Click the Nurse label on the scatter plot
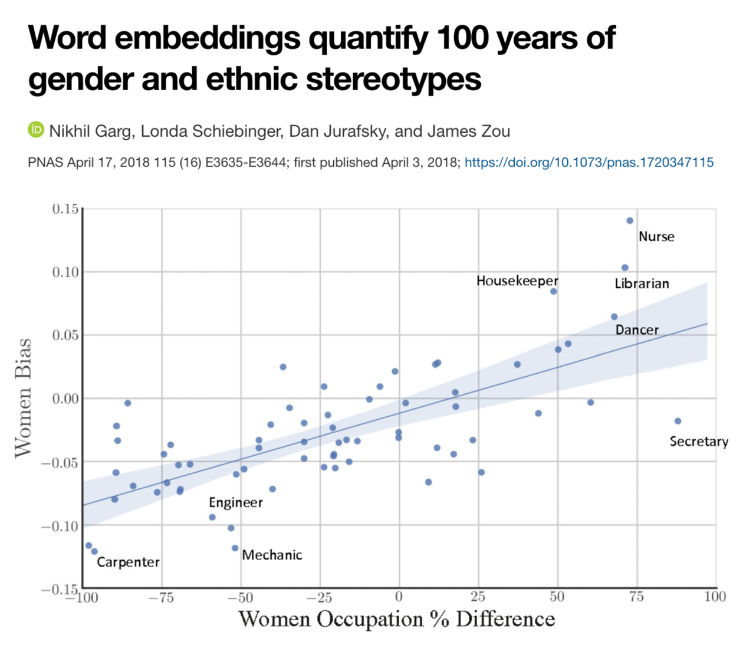(x=656, y=236)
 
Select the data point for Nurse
(x=630, y=221)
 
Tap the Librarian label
(x=642, y=284)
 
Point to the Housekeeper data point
(x=553, y=291)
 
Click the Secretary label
(x=699, y=441)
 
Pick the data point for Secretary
(x=678, y=421)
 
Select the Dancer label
(x=637, y=330)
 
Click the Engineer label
(x=235, y=502)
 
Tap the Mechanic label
(x=272, y=555)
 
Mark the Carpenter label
(x=128, y=562)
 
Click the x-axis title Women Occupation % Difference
(x=396, y=619)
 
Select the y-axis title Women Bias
(x=23, y=397)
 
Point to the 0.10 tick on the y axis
(x=65, y=272)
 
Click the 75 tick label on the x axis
(x=636, y=597)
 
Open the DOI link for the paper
(x=589, y=162)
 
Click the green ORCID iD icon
(x=36, y=130)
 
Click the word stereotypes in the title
(x=393, y=78)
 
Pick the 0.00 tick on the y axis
(x=65, y=399)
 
